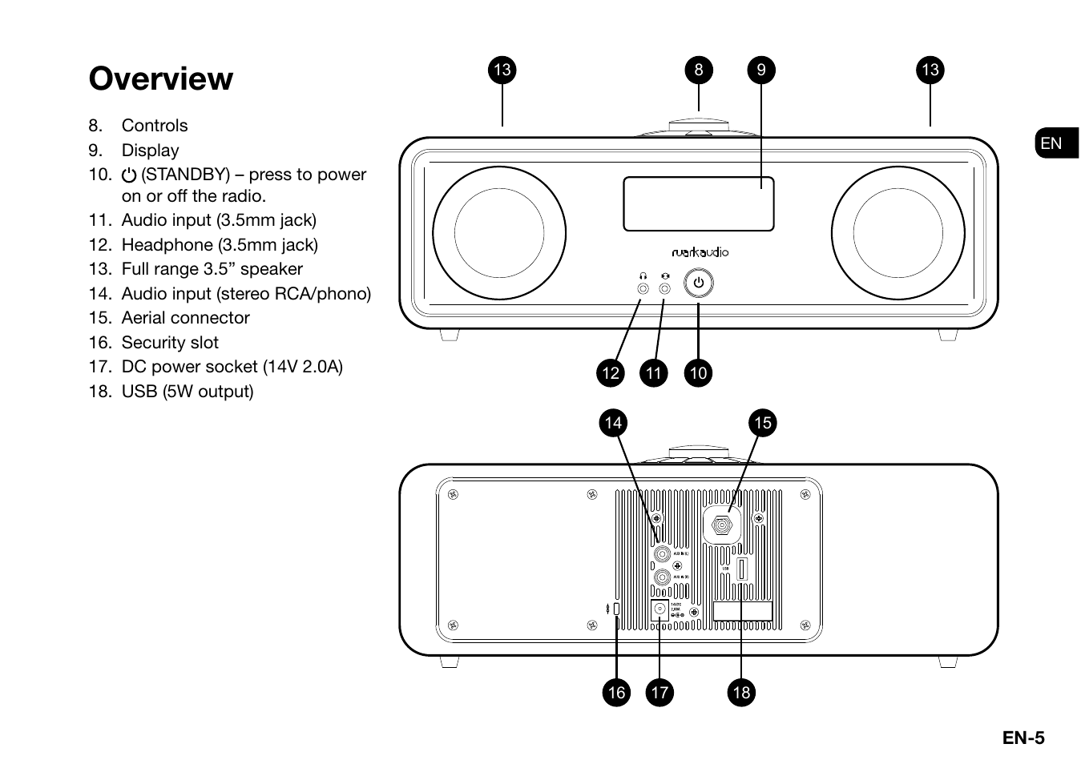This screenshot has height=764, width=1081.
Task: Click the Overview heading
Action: click(161, 78)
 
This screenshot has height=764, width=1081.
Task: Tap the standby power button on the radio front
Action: click(698, 283)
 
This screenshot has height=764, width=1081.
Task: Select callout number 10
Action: click(698, 373)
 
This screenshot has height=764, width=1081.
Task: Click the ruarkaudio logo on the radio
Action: click(700, 252)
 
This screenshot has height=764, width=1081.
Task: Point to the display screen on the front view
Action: click(698, 204)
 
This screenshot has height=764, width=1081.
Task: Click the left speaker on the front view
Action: click(499, 234)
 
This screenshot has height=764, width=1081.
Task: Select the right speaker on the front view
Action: click(897, 234)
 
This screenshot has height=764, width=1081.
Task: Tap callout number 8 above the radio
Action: click(698, 70)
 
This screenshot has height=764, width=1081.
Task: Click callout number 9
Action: click(760, 70)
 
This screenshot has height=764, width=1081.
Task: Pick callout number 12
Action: click(611, 373)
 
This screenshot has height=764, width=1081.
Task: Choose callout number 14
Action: click(613, 423)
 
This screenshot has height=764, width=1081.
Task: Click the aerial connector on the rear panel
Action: click(721, 526)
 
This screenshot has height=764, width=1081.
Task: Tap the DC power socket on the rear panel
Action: click(659, 609)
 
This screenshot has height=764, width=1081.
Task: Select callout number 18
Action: click(741, 693)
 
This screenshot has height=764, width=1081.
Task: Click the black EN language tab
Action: click(1055, 143)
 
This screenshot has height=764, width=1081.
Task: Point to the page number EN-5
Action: click(1023, 738)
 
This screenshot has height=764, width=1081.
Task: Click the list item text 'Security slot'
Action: click(170, 343)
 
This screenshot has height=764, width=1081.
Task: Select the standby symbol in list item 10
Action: click(129, 175)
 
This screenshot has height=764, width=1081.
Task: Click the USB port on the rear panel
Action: click(741, 569)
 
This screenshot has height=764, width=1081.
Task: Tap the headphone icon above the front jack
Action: click(643, 275)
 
